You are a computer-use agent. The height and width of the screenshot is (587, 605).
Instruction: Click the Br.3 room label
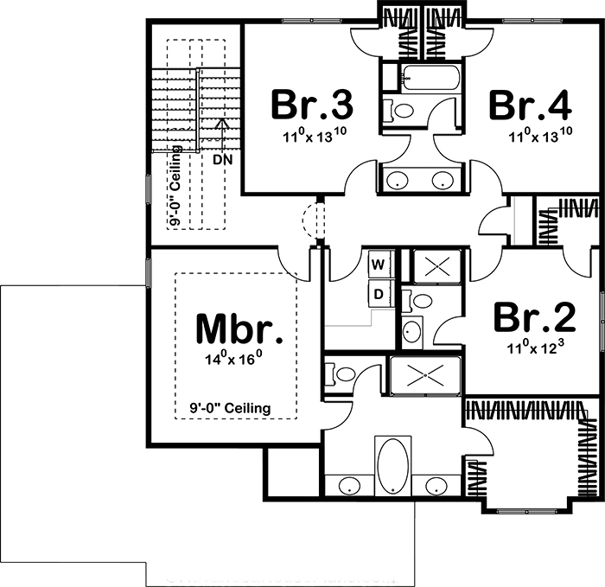(x=311, y=105)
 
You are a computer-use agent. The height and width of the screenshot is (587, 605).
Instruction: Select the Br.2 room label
(x=534, y=317)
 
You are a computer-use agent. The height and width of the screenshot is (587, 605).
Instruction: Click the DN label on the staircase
(x=222, y=159)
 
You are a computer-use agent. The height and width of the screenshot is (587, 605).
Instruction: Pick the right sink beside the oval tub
(x=437, y=485)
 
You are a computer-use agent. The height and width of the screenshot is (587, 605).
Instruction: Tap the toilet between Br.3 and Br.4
(x=398, y=111)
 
